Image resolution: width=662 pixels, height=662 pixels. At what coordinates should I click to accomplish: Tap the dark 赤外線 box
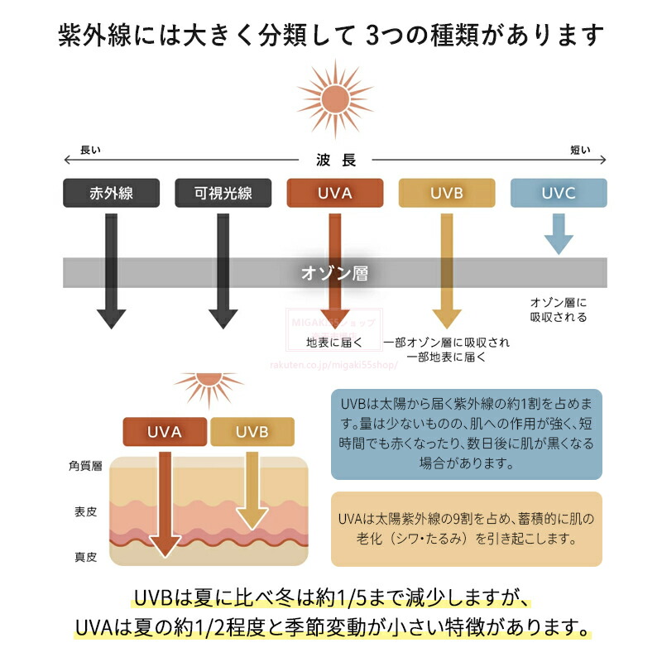point(111,193)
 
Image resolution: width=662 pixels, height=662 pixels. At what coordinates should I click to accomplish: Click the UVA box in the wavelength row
point(334,193)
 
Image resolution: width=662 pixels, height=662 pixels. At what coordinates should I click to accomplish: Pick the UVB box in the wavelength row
point(447,193)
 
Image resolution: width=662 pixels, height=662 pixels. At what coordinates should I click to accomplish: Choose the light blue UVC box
point(559,193)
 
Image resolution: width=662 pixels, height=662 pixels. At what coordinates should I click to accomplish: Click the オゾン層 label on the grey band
point(334,272)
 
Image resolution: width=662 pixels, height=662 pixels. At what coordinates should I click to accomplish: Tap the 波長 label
point(336,161)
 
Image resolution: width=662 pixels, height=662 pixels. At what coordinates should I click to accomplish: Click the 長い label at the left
point(89,150)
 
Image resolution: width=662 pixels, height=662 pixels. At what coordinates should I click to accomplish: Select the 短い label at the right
point(580,150)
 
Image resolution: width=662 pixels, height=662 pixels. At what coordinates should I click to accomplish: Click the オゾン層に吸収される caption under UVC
point(559,310)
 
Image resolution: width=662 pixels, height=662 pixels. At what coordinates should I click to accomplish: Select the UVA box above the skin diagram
point(165,431)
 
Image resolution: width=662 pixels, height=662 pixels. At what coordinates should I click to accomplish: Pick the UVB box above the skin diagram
point(252,431)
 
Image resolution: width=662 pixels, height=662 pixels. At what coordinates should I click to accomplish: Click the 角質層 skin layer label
point(85,467)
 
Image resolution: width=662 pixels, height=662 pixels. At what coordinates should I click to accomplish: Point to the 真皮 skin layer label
point(85,557)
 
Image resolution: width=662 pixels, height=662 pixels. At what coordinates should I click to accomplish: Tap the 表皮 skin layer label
point(85,512)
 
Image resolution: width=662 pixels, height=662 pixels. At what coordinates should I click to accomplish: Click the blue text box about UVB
point(466,434)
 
